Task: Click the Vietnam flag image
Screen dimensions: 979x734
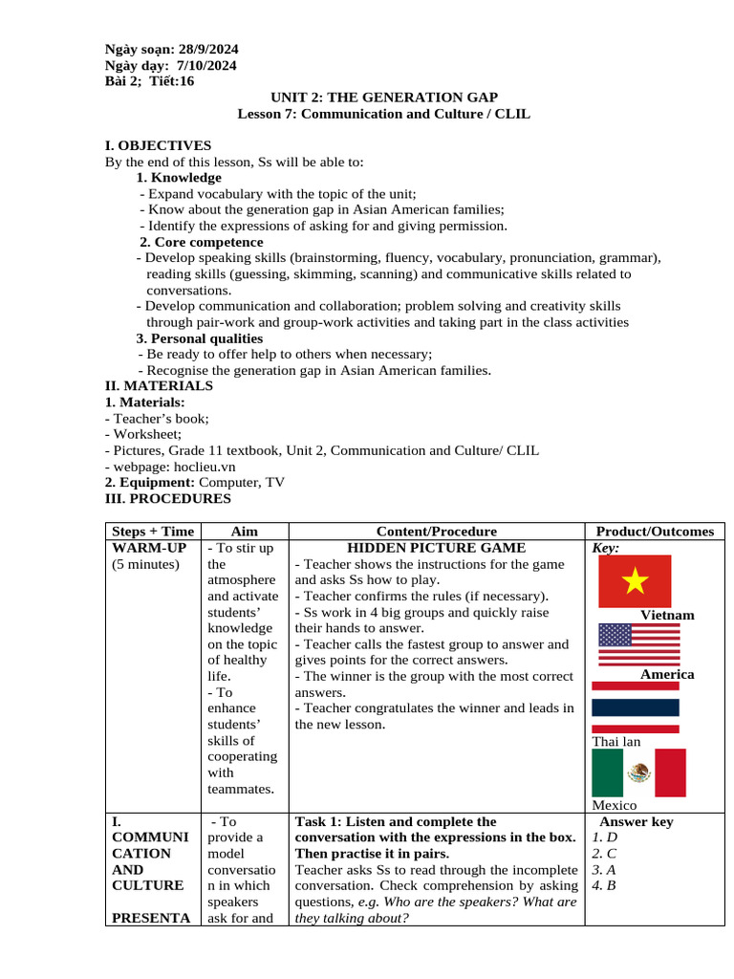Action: (x=635, y=580)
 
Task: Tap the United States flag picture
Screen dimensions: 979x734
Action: (x=638, y=643)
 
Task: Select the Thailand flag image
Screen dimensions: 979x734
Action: (x=636, y=707)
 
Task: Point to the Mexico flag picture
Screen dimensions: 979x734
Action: (x=638, y=772)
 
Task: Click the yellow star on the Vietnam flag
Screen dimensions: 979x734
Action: (x=635, y=579)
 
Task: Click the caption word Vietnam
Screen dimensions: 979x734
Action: (x=667, y=615)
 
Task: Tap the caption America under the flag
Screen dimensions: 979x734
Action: (x=667, y=674)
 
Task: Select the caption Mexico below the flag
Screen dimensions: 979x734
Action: (x=615, y=805)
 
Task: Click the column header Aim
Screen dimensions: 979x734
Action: (x=245, y=532)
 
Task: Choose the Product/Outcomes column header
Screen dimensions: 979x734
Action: (x=655, y=532)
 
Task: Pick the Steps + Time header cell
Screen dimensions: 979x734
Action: (x=153, y=532)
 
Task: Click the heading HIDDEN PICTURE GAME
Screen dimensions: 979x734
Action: (x=436, y=548)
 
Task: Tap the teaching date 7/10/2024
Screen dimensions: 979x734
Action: (x=206, y=65)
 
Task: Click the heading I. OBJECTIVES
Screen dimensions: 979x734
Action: (x=158, y=145)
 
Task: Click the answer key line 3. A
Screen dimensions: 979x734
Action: (x=604, y=869)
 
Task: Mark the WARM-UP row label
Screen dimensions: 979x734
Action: (x=148, y=548)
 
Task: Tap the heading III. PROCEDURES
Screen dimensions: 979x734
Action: (x=167, y=498)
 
